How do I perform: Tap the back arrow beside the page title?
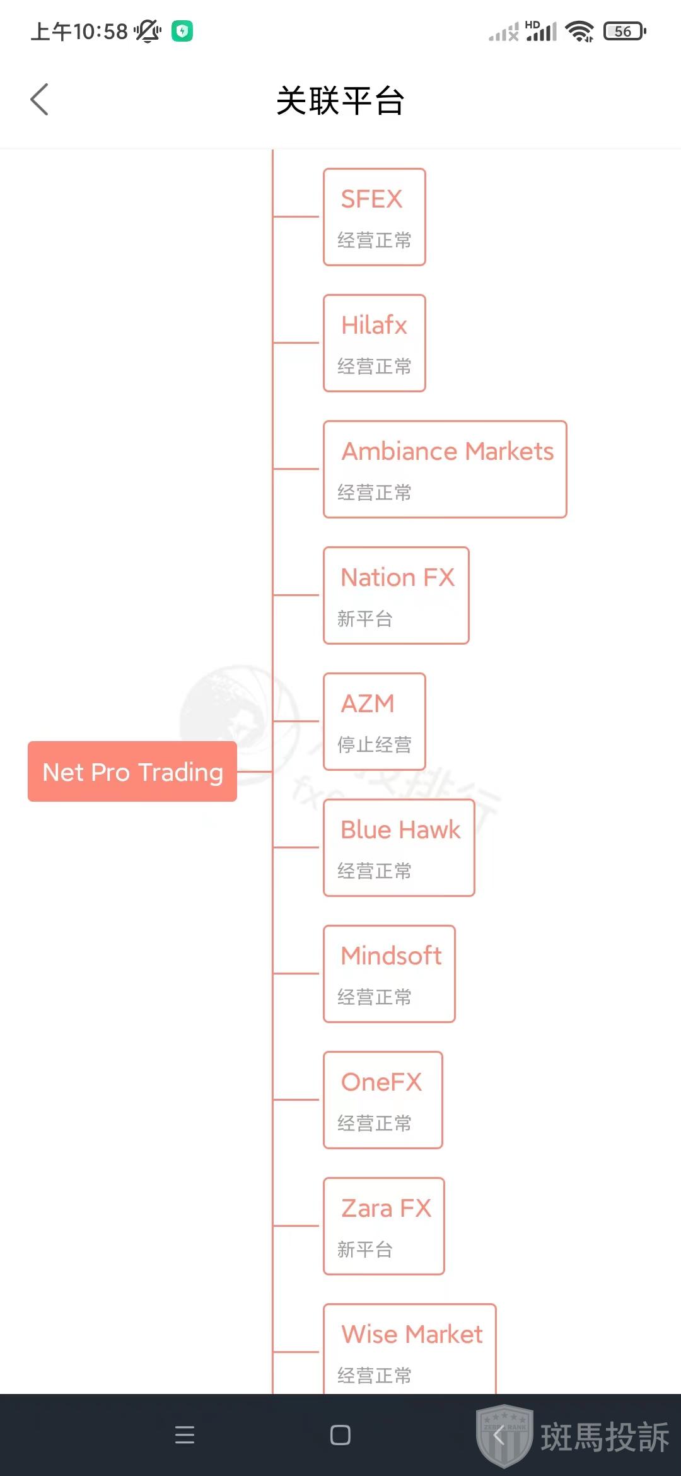(39, 100)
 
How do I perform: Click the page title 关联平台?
(340, 101)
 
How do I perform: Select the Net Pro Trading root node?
(132, 771)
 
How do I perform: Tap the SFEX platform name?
(371, 199)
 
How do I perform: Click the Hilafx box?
(375, 343)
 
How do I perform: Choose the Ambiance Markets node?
(445, 469)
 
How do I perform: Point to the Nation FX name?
(397, 578)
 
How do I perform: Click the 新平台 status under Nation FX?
(365, 619)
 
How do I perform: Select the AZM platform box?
(375, 722)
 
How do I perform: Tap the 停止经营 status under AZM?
(375, 745)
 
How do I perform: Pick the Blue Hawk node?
(399, 848)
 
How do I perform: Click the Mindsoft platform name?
(391, 956)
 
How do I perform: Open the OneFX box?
(383, 1100)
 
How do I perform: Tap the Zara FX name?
(386, 1209)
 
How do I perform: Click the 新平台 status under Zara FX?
(365, 1250)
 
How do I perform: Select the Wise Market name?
(412, 1335)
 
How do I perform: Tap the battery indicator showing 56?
(624, 31)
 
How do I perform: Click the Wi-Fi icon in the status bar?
(579, 31)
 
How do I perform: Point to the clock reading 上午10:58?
(79, 31)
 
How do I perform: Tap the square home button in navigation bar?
(340, 1435)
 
